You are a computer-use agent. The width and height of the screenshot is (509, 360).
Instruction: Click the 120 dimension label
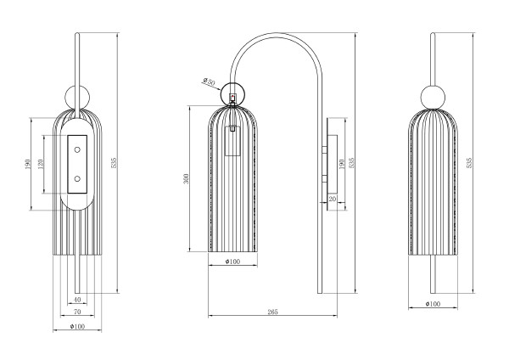coord(41,164)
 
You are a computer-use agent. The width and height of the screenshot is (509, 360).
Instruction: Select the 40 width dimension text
coord(77,300)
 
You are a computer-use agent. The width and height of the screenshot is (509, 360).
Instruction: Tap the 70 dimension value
coord(77,312)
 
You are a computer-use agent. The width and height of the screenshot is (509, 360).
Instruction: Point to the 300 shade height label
coord(186,178)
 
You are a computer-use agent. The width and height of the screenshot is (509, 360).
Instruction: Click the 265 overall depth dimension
coord(272,312)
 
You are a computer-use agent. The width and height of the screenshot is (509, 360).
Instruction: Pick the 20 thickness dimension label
coord(332,199)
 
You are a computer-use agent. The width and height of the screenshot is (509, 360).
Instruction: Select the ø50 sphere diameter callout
coord(209,82)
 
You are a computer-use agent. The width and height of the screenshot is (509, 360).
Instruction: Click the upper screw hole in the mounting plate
coord(77,149)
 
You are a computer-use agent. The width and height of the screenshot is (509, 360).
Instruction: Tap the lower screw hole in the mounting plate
coord(77,178)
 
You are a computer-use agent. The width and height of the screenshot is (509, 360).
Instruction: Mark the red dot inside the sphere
coord(232,97)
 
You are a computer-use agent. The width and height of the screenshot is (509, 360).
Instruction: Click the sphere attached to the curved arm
coord(232,93)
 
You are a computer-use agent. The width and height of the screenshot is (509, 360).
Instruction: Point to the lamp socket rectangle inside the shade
coord(232,141)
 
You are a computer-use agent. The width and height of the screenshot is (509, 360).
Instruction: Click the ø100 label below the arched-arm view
coord(232,262)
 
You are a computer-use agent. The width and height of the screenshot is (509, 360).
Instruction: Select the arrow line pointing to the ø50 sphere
coord(211,85)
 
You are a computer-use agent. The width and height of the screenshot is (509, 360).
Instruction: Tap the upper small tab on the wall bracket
coord(324,149)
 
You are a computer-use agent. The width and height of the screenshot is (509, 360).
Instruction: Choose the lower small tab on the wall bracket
coord(324,179)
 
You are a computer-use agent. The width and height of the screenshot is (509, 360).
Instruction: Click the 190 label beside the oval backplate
coord(28,164)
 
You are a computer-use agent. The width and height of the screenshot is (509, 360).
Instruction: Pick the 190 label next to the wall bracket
coord(341,164)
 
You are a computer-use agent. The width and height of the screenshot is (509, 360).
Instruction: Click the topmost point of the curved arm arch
coord(276,33)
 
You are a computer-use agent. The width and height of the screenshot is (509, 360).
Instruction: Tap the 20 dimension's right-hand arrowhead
coord(339,203)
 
